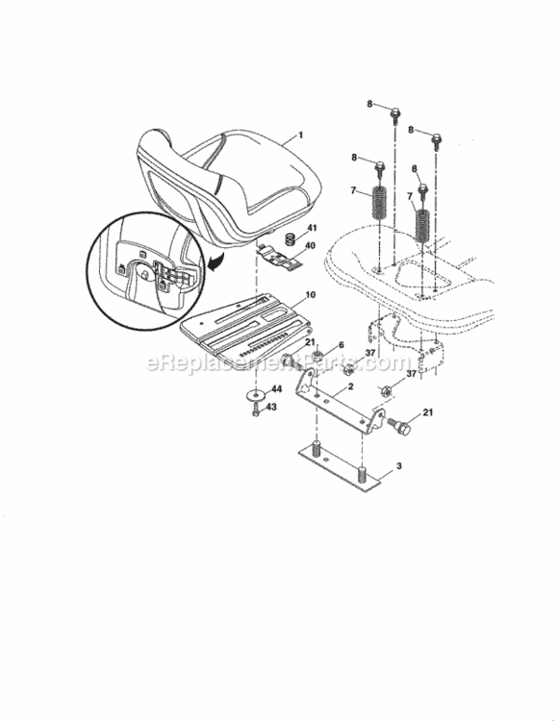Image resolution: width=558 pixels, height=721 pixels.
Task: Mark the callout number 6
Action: click(x=340, y=345)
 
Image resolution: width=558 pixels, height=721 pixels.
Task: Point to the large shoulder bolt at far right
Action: click(x=405, y=419)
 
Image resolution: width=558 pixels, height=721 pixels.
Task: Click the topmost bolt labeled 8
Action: click(x=395, y=112)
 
